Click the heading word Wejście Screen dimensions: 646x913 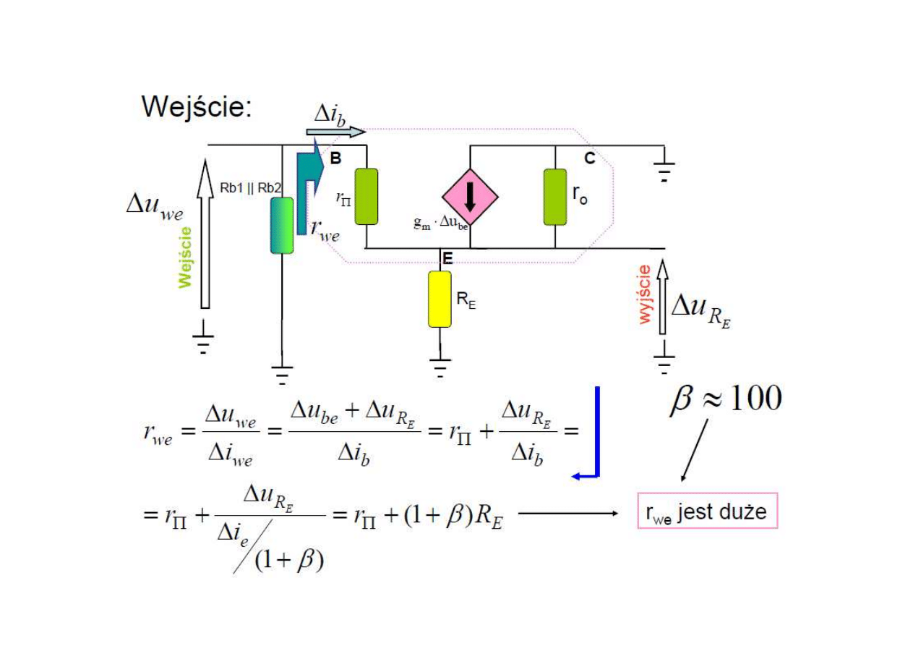click(x=196, y=106)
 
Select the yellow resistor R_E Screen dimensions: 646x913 click(x=440, y=299)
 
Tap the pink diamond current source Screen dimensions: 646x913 click(x=471, y=196)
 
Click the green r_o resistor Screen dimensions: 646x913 click(x=555, y=197)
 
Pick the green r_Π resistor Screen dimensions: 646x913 click(x=367, y=196)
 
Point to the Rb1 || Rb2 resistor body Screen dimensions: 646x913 click(x=282, y=225)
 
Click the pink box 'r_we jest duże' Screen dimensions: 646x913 click(x=707, y=511)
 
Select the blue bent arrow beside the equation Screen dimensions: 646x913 click(x=594, y=434)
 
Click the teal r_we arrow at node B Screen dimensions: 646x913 click(x=307, y=188)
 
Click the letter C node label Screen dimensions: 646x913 click(x=590, y=158)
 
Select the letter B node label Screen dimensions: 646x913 click(x=335, y=158)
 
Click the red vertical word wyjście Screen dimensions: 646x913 click(x=645, y=294)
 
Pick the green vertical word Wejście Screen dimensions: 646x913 click(x=186, y=257)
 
